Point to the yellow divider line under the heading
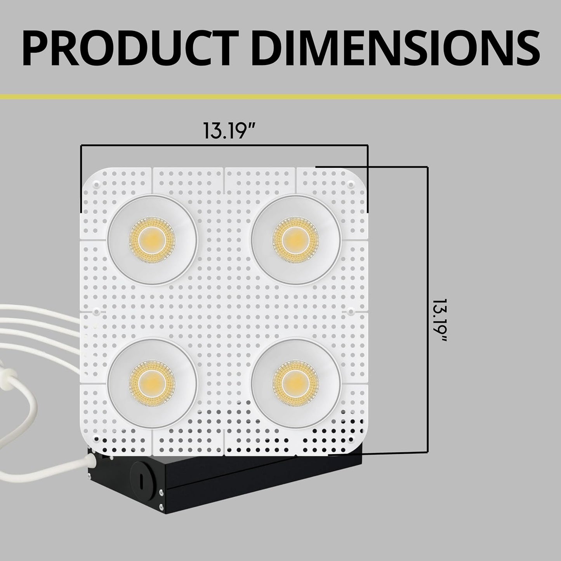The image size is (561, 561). (x=280, y=97)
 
